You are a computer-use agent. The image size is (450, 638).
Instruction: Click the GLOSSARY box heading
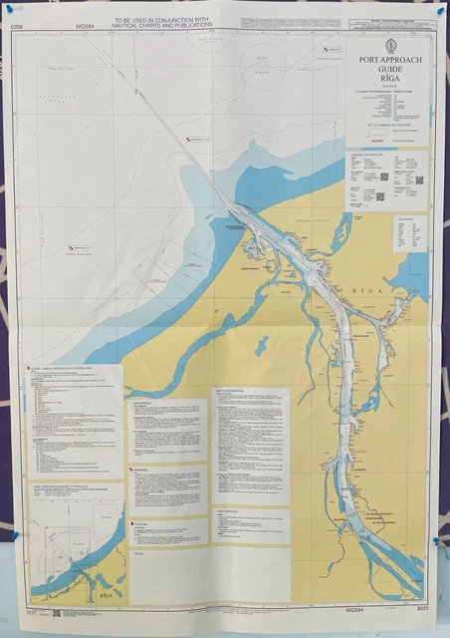(x=404, y=216)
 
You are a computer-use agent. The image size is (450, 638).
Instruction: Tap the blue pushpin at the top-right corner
(x=437, y=11)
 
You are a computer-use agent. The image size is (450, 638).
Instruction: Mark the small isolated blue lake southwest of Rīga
(x=261, y=346)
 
